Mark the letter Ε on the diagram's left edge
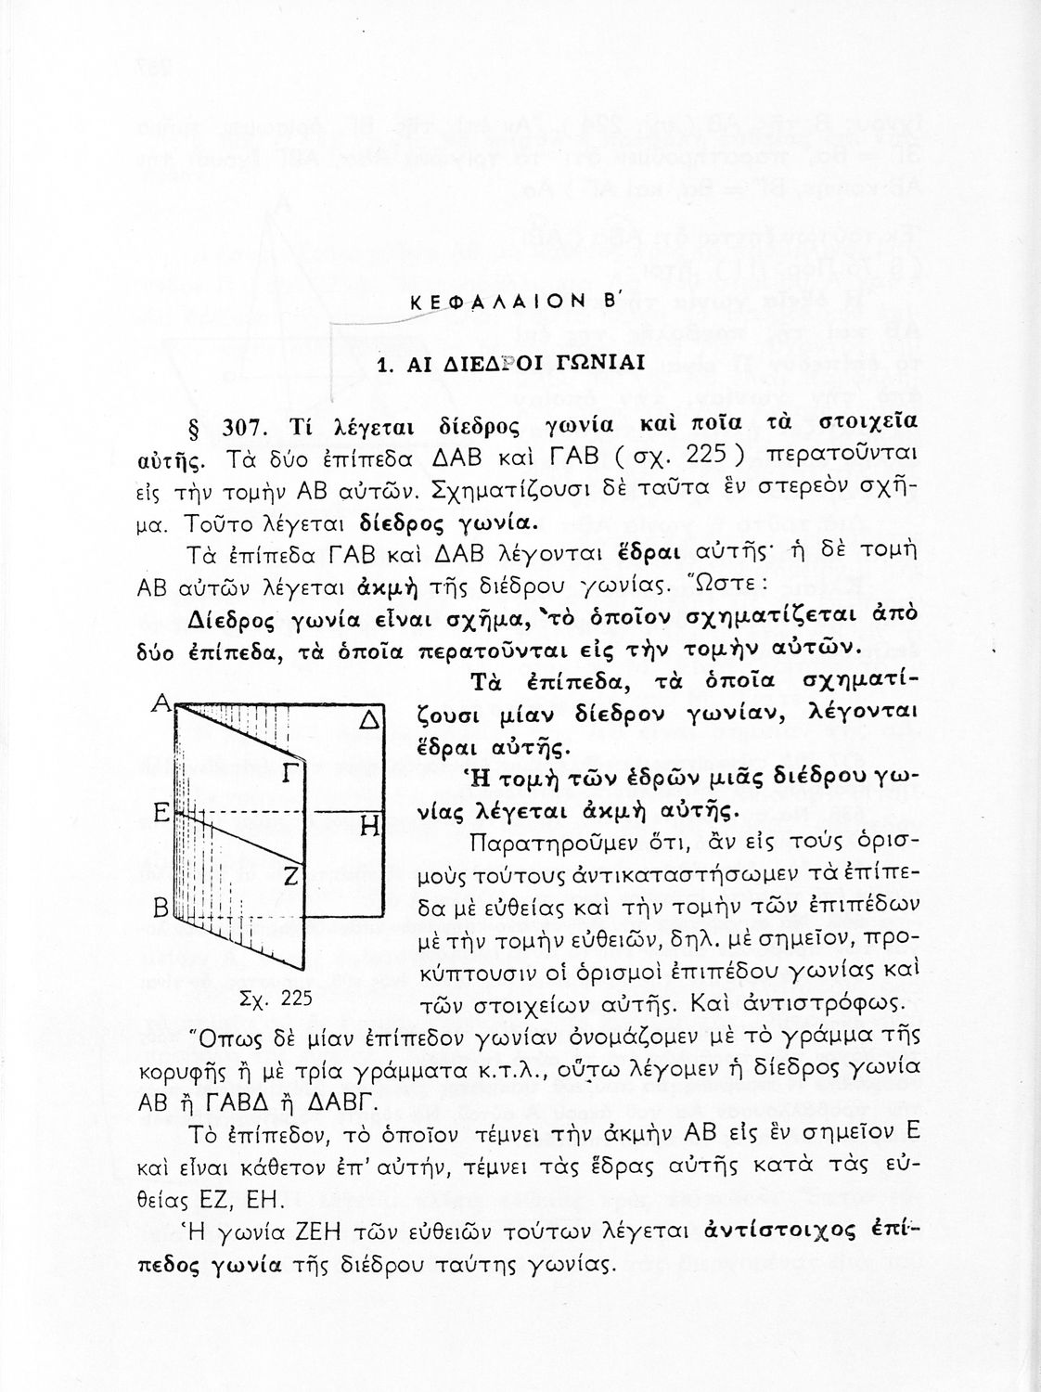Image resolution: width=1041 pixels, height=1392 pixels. coord(159,813)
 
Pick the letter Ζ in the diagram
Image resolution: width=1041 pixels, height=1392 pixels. coord(289,874)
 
